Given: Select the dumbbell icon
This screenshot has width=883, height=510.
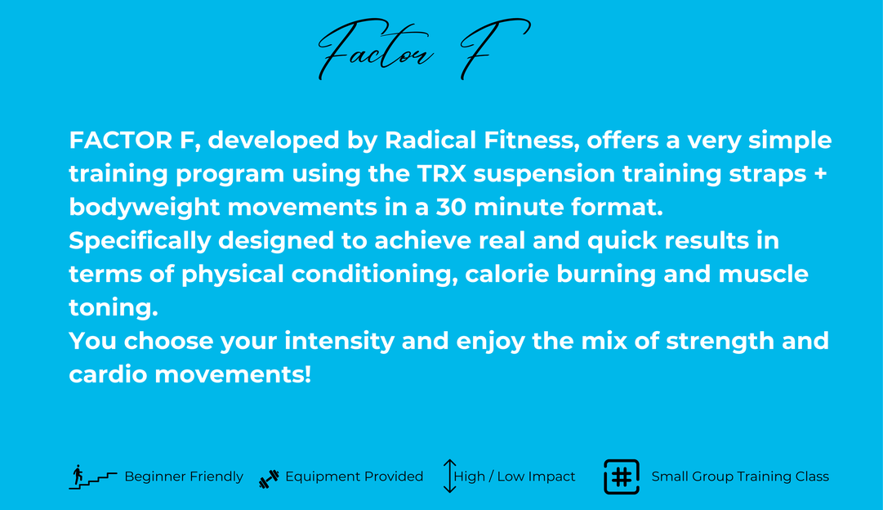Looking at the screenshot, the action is pos(269,478).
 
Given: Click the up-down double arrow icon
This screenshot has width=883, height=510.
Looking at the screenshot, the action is pos(449,476).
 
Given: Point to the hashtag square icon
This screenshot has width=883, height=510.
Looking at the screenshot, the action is pos(621,476).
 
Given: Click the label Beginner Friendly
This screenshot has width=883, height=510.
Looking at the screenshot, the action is pos(184,476).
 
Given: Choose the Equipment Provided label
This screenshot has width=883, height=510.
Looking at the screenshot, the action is pos(355,476).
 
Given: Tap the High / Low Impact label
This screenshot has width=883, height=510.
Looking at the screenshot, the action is pos(514,476).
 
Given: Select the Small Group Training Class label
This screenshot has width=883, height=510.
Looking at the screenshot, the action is pos(740,476).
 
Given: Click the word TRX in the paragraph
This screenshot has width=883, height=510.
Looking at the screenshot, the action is pos(441,173).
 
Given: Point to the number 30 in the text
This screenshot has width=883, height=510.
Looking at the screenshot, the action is pos(451,207).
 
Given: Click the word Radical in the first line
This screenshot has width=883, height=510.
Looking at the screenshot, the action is pos(430,141).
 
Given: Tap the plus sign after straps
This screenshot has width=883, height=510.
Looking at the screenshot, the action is pos(820,173).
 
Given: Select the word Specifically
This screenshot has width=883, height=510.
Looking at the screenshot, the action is pos(140,241).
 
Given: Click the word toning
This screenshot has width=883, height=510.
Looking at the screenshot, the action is pos(114,307).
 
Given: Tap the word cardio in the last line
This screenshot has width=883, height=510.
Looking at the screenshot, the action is pos(108,375).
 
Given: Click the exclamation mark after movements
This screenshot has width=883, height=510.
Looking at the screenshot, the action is pos(308,374).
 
